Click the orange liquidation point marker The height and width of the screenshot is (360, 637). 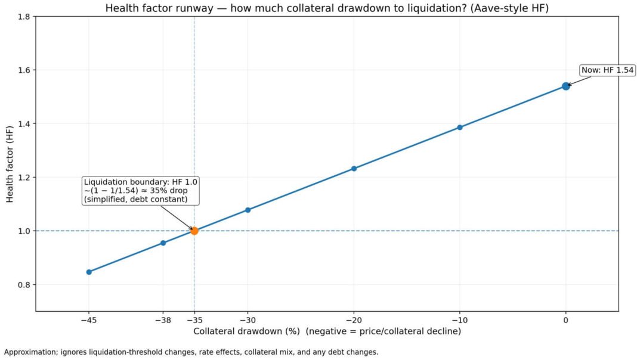tap(194, 231)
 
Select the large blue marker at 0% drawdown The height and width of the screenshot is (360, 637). tap(566, 86)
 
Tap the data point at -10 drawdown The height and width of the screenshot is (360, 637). tap(460, 127)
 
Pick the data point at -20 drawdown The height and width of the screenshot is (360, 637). tap(354, 169)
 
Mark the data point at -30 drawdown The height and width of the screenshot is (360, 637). tap(248, 210)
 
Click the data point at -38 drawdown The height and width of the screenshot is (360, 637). tap(163, 243)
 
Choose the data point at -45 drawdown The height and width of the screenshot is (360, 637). tap(89, 272)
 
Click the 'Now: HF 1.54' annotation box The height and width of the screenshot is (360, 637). tap(608, 70)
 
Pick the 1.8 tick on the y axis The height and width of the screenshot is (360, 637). tap(23, 17)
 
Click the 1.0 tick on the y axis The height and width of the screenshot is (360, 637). tap(23, 231)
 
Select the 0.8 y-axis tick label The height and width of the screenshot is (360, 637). tap(23, 284)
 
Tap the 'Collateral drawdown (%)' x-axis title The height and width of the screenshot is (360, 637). tap(327, 331)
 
